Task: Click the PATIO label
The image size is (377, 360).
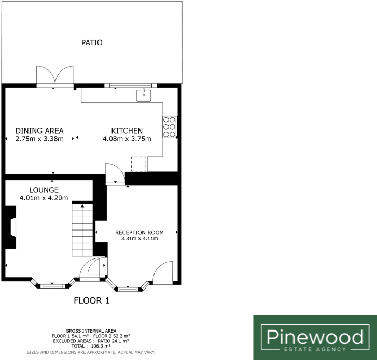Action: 92,43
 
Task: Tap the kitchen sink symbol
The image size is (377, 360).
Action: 144,95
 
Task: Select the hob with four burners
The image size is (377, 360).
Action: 169,126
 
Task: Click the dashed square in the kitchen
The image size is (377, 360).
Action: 138,164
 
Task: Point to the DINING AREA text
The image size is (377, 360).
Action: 39,131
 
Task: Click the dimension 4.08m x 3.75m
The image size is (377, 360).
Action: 127,139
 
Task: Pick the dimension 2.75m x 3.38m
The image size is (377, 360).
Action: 39,139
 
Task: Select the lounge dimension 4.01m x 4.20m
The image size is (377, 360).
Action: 44,198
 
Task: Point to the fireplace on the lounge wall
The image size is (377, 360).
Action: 11,228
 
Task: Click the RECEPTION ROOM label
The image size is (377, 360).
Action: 139,232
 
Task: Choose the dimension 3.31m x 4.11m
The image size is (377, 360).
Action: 139,239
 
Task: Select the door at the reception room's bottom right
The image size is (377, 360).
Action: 163,273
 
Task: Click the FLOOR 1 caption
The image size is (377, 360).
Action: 92,300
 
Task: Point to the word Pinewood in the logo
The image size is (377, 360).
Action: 315,338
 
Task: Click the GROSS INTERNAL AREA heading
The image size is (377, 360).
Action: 91,330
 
